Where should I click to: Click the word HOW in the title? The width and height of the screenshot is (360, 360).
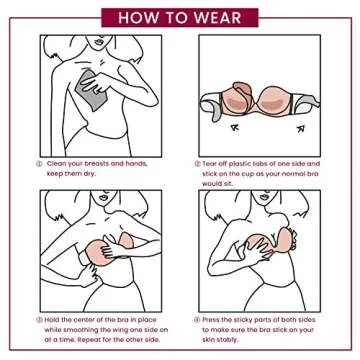[138, 18]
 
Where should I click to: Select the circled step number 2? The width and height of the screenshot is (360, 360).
[198, 164]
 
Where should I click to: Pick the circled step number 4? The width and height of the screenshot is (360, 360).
[198, 320]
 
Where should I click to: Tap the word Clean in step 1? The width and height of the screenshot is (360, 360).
[56, 164]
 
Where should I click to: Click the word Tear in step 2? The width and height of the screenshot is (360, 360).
[215, 164]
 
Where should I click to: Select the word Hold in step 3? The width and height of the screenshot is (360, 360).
[54, 320]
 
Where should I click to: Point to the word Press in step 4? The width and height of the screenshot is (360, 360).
[217, 320]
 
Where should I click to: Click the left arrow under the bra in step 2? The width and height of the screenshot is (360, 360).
[235, 127]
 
